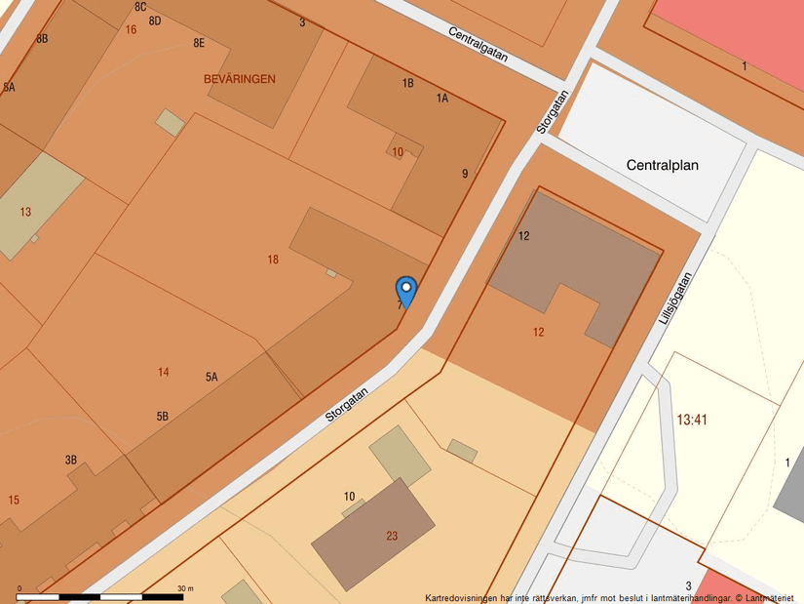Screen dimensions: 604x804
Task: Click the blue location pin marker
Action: tap(405, 291)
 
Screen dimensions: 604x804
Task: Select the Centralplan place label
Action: tap(675, 165)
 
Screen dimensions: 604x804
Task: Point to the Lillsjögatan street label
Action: tap(680, 298)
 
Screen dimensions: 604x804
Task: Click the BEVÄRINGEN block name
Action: tap(240, 79)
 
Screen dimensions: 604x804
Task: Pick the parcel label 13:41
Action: tap(691, 420)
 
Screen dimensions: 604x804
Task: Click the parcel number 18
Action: tap(273, 260)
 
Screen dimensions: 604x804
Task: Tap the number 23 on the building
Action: tap(392, 535)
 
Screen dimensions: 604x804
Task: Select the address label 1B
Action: tap(408, 83)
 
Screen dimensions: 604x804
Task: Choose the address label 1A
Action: tap(442, 98)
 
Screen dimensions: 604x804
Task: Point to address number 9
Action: tap(465, 174)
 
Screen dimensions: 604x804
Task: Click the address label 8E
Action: tap(199, 43)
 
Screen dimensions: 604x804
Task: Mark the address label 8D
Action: tap(155, 20)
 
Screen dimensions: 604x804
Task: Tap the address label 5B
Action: tap(162, 417)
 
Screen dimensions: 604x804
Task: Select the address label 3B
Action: tap(70, 460)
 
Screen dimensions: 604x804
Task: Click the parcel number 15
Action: tap(14, 500)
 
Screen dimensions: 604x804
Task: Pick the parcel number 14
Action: tap(163, 372)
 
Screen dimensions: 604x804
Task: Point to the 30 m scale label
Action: tap(185, 588)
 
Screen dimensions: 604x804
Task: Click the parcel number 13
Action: tap(25, 212)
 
